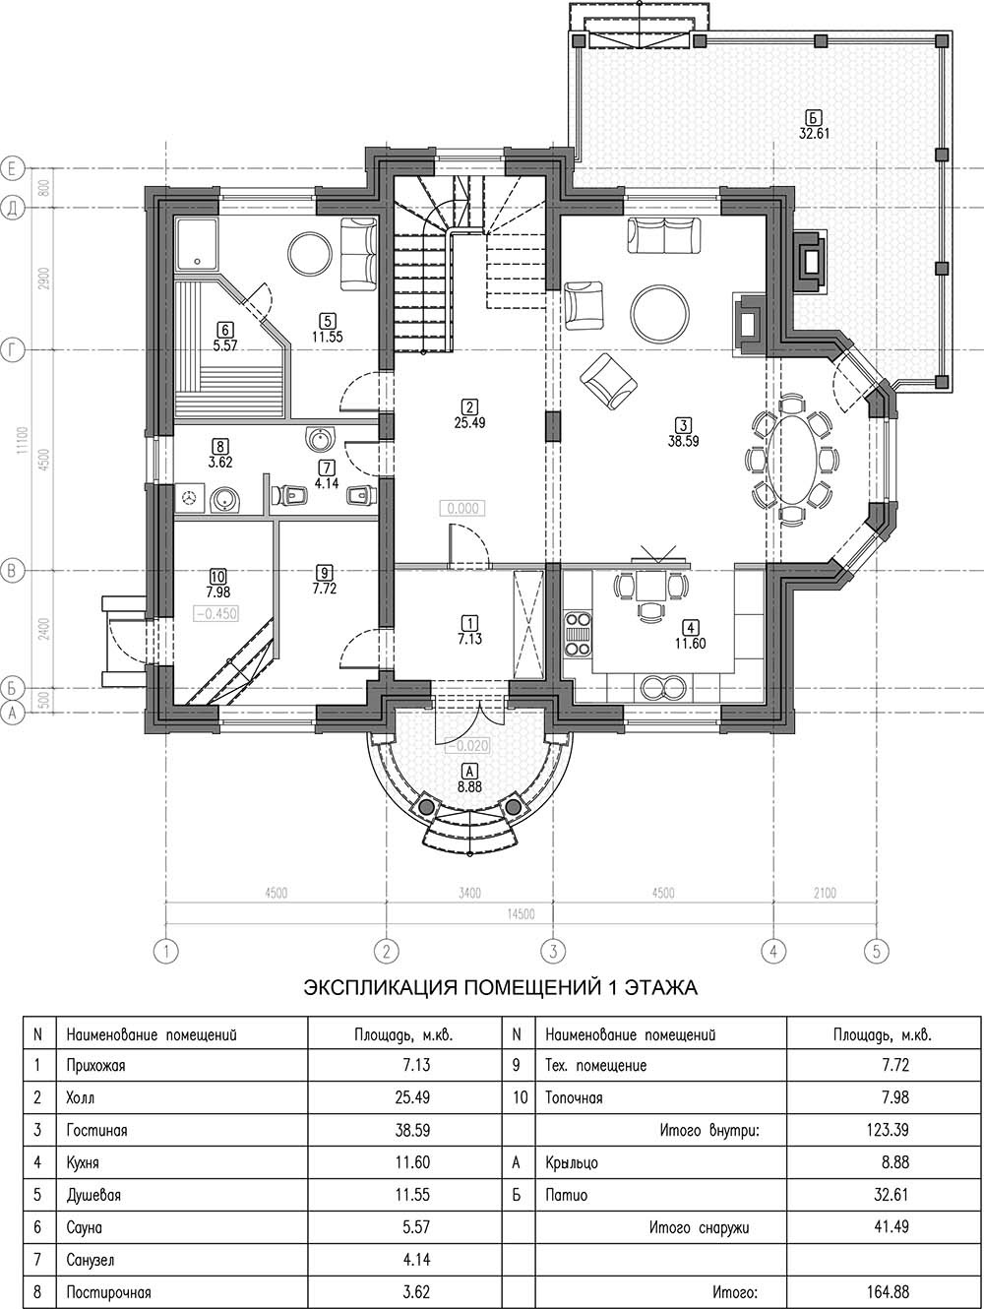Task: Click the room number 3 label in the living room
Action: pos(683,425)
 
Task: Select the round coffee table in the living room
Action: pos(660,313)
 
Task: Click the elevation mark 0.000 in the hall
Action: pos(462,509)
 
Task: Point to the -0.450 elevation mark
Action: pos(216,613)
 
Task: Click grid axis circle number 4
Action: pos(773,951)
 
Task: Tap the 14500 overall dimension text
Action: pos(521,914)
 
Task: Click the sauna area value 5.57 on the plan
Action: pos(224,345)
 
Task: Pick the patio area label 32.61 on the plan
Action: pos(814,133)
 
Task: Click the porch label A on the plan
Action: pos(469,771)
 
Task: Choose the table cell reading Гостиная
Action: pos(96,1130)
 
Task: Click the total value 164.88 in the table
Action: pos(888,1291)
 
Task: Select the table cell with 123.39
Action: pos(888,1130)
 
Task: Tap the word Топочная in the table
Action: pos(574,1097)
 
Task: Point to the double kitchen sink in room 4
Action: pos(661,688)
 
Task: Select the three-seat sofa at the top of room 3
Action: pos(663,235)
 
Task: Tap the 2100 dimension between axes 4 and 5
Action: pos(825,894)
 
